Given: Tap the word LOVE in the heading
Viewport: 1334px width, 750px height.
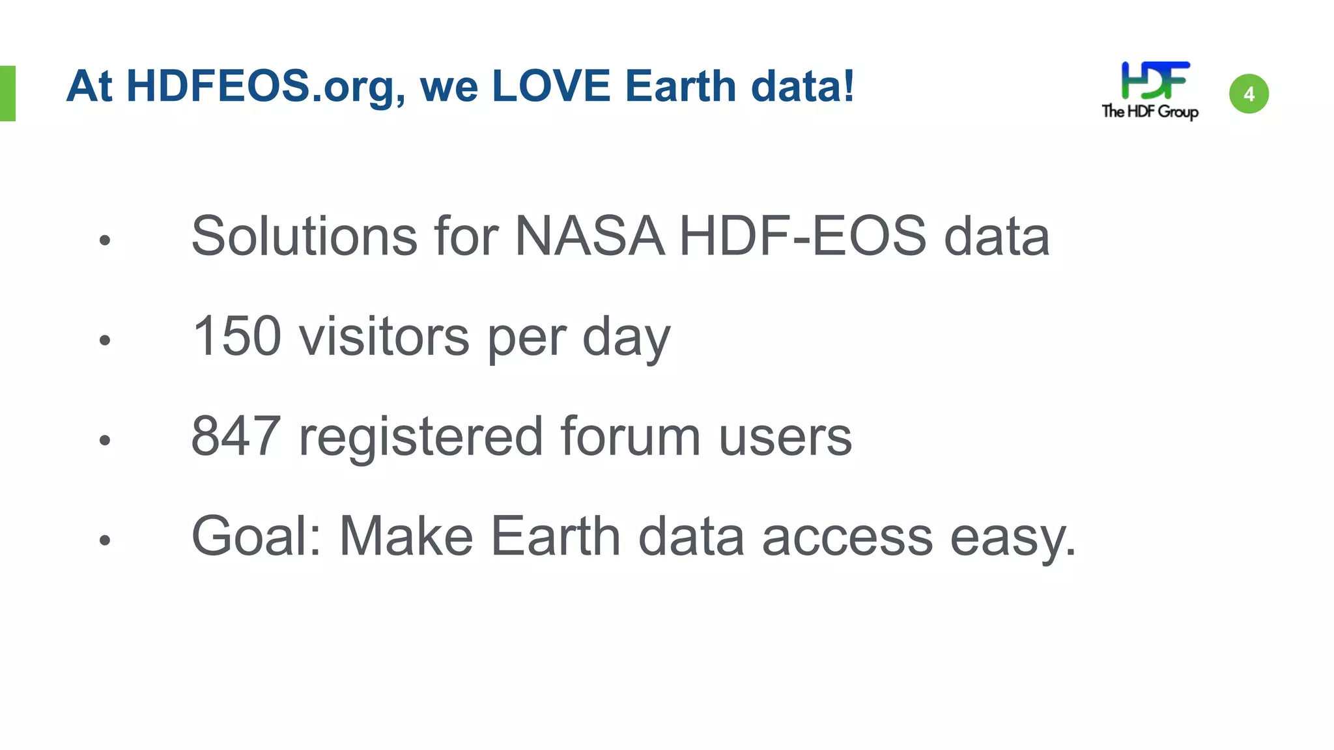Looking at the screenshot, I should pos(551,87).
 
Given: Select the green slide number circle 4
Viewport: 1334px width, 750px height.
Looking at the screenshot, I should pos(1249,94).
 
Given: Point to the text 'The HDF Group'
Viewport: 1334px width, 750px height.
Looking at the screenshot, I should pos(1150,111).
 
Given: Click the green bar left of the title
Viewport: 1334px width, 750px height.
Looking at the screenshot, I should pos(7,93).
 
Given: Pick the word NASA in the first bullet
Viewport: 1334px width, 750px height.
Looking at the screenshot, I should pos(589,236).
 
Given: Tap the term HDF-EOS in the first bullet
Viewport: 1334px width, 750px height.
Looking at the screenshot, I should pos(802,236).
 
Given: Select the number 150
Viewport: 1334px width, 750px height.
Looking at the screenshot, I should pos(237,336).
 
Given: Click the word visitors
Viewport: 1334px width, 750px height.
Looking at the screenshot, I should pos(384,336).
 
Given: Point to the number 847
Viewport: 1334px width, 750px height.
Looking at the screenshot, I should pos(236,436).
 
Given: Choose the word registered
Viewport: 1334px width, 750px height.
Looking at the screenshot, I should pos(421,436).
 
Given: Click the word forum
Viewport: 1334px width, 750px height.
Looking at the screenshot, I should pos(630,436).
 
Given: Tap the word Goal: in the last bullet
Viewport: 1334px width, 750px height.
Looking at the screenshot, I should pos(257,536).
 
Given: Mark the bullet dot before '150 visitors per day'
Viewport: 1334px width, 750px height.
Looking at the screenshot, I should pos(105,340).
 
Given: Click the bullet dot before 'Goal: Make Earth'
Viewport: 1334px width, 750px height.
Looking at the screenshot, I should pos(105,540).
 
